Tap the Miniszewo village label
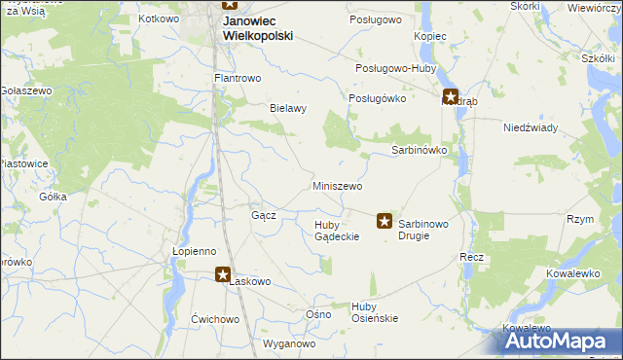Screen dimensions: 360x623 [x=338, y=186]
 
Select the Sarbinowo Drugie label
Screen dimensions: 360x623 [x=423, y=229]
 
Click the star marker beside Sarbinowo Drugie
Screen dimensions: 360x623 [x=385, y=222]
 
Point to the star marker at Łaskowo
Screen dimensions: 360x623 [x=223, y=275]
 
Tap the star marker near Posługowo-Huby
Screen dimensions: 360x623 [x=450, y=96]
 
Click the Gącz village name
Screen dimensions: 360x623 [x=264, y=215]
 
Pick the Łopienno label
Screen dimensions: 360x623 [x=194, y=250]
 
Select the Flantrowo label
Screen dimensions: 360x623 [x=238, y=78]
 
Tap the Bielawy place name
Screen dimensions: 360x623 [x=288, y=108]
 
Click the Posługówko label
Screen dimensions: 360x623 [x=377, y=98]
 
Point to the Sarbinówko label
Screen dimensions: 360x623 [x=419, y=151]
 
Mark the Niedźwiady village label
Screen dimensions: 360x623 [x=530, y=127]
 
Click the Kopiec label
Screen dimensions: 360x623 [x=429, y=36]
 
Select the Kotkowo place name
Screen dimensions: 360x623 [x=160, y=18]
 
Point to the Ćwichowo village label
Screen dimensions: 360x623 [x=215, y=319]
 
